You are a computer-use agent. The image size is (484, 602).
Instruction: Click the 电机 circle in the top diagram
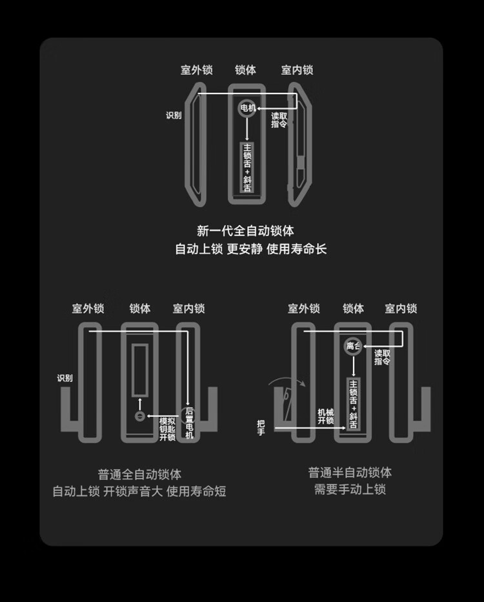coord(248,108)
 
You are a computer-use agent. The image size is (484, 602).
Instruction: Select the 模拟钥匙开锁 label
coord(167,428)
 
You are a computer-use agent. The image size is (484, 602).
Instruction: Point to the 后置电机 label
coord(189,423)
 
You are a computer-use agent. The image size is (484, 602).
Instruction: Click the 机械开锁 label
coord(326,416)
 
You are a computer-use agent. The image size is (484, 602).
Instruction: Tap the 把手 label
coord(261,427)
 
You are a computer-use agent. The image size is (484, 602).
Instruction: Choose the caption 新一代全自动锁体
coord(245,230)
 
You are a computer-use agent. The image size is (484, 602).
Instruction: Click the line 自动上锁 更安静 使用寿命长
coord(251,249)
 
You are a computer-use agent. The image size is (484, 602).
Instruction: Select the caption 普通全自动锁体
coord(139,474)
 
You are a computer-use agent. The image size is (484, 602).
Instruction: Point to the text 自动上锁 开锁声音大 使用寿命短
coord(139,492)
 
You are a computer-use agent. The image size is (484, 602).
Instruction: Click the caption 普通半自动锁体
coord(350,472)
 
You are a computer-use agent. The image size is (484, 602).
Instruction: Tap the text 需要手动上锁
coord(350,490)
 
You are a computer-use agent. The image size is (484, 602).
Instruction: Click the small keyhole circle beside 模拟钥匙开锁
coord(139,416)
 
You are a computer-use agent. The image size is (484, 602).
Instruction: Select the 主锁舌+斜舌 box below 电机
coord(247,167)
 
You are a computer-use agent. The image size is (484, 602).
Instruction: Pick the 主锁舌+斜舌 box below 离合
coord(353,404)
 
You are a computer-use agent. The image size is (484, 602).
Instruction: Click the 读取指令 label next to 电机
coord(279,120)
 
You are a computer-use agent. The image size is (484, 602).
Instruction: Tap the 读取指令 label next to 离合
coord(383,357)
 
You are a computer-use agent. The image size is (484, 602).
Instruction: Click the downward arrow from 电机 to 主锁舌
coord(247,128)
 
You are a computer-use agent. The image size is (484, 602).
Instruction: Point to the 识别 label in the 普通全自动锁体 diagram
coord(65,378)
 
